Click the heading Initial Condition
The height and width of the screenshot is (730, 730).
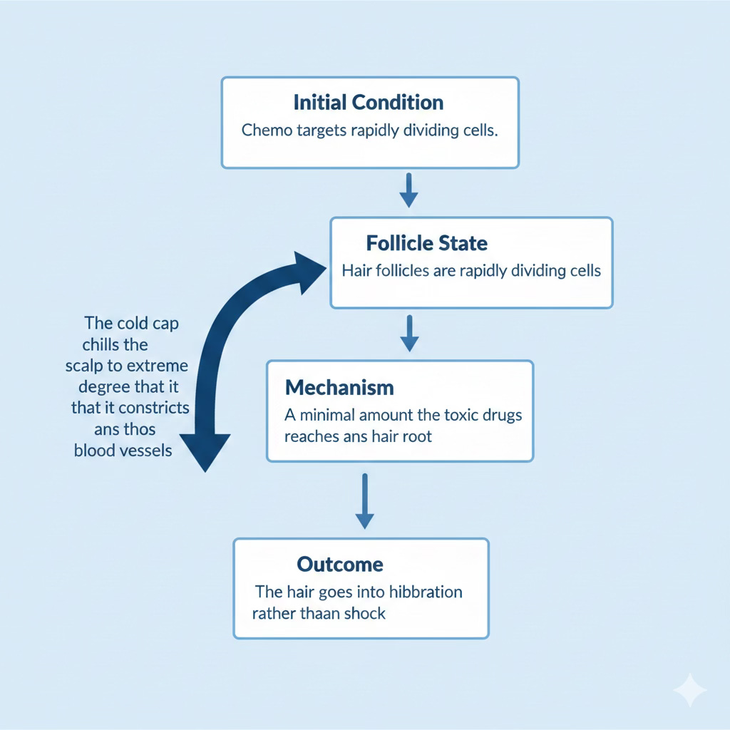[x=369, y=102]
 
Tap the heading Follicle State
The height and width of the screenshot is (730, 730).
[x=426, y=243]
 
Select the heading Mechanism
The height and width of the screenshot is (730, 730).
[x=339, y=388]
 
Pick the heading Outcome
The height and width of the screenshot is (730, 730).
[x=339, y=565]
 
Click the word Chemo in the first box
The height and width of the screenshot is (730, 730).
[x=262, y=131]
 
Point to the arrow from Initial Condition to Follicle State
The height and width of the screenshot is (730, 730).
[x=408, y=189]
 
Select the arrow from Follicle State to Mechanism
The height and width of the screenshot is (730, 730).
[x=408, y=333]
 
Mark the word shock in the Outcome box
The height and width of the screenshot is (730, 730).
[x=364, y=612]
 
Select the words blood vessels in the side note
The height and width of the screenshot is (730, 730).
[x=123, y=451]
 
